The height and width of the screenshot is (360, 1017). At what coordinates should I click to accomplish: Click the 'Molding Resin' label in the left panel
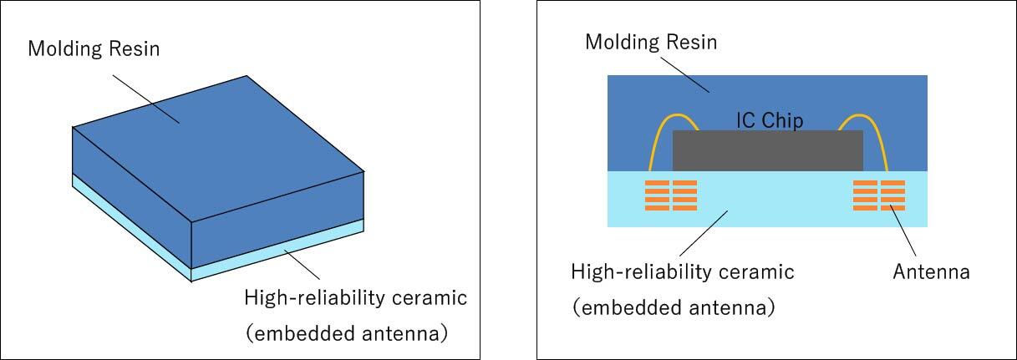point(94,48)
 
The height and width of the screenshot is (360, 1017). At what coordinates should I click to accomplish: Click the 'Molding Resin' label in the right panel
point(650,42)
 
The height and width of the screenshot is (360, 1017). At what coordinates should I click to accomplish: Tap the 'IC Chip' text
point(770,120)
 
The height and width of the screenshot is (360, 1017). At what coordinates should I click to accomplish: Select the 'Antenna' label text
point(931,272)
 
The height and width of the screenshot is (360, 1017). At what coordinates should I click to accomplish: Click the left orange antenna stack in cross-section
point(672,195)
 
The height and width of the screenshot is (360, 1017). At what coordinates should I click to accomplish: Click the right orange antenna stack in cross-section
point(878,195)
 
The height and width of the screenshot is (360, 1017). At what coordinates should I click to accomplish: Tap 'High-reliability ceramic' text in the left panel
point(355,297)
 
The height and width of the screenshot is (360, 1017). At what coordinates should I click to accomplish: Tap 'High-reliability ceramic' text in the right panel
point(682,272)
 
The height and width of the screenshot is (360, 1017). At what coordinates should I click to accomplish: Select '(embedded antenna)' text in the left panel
point(347,334)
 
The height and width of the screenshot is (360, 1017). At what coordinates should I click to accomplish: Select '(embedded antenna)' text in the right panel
point(674,307)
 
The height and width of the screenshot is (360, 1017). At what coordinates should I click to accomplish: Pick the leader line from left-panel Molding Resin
point(145,99)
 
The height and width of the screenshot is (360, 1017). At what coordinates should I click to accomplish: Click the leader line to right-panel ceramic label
point(704,232)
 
